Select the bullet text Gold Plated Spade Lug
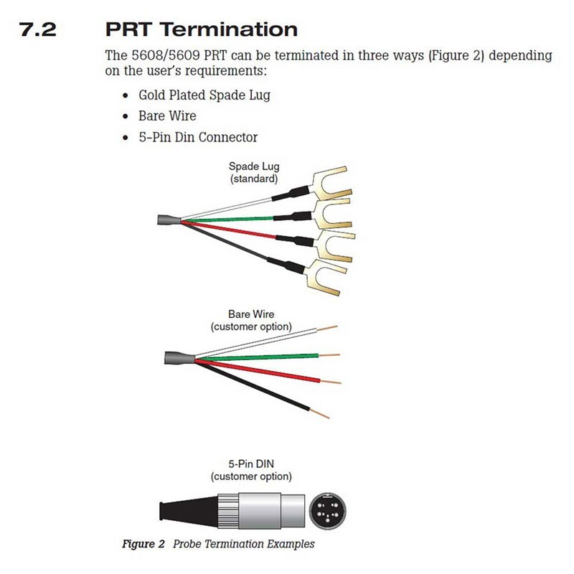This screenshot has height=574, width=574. tap(204, 95)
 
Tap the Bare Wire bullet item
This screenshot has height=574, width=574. tap(167, 116)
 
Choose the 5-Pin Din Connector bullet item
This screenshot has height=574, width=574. tap(198, 137)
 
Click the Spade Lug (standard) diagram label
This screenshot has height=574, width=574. tap(254, 173)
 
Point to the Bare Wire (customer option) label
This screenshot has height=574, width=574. tap(251, 320)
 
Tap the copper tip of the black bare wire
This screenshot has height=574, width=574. tap(323, 415)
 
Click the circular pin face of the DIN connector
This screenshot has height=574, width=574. tap(327, 512)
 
